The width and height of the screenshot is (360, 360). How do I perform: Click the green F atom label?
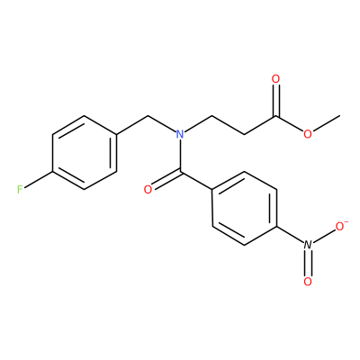click(20, 190)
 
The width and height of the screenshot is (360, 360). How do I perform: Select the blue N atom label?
click(180, 134)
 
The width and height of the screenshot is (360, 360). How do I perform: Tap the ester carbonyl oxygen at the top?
click(275, 79)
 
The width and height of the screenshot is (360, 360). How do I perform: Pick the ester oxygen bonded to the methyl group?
click(308, 134)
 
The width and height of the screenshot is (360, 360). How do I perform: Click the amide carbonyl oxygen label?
click(148, 190)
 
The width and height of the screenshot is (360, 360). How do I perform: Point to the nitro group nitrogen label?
click(308, 245)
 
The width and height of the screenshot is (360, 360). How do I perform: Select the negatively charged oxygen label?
click(339, 227)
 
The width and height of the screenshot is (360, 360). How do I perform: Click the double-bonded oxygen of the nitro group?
click(308, 282)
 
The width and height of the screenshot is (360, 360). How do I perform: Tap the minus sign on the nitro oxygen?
click(346, 222)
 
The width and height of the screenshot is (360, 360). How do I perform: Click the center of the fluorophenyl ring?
click(85, 153)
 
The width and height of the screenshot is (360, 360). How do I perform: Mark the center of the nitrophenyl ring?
click(244, 209)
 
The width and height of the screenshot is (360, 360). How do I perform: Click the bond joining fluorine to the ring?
click(39, 181)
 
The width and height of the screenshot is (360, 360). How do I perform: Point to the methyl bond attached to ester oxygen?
click(327, 123)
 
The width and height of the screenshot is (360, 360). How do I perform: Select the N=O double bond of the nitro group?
click(308, 264)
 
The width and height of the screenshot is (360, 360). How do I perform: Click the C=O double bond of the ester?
click(275, 101)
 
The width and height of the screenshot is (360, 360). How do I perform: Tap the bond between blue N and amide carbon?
click(180, 156)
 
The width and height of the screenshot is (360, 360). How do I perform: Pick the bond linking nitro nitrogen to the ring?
click(290, 235)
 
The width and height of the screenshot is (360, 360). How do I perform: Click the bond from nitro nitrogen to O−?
click(324, 236)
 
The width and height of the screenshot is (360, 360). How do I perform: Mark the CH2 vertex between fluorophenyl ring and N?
click(148, 116)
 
